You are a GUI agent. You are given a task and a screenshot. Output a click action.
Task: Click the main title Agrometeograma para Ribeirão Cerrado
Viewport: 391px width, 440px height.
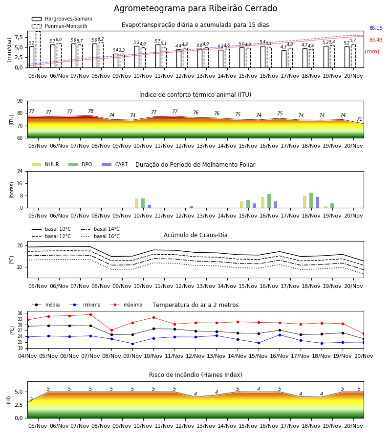point(195,8)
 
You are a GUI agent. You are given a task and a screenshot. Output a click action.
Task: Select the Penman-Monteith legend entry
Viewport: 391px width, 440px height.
point(60,26)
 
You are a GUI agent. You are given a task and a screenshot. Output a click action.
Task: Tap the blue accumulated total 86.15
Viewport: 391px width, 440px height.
point(376,28)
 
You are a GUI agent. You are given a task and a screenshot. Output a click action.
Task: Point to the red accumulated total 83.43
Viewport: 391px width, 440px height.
point(376,40)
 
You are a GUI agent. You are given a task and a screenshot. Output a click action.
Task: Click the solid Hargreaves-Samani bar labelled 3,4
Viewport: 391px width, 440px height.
point(116,61)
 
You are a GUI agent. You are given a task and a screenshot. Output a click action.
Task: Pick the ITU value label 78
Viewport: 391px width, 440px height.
point(90,111)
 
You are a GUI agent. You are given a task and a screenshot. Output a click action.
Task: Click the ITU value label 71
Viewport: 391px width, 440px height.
point(359,119)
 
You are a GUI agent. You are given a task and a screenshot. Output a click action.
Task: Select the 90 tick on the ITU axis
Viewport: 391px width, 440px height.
point(20,101)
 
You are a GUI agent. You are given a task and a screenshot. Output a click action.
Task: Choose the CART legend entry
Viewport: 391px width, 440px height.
point(115,164)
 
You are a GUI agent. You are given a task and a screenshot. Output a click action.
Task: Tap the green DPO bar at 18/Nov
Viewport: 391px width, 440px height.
point(311,200)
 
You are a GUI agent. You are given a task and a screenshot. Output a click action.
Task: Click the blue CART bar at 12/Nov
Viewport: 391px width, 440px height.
point(191,207)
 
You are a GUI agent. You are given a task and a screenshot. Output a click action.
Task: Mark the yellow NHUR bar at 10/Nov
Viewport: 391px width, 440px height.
point(136,203)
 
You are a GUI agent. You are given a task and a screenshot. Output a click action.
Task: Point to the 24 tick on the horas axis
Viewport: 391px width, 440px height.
point(20,171)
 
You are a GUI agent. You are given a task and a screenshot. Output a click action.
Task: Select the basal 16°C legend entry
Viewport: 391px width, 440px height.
point(100,237)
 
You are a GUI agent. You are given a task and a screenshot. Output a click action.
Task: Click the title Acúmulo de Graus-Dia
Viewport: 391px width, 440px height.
point(195,235)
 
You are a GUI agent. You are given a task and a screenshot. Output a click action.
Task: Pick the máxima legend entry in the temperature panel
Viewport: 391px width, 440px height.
point(126,305)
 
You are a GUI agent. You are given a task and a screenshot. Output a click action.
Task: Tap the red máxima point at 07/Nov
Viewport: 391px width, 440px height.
point(90,314)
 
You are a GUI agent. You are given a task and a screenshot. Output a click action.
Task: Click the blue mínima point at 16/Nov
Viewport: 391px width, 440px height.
point(280,335)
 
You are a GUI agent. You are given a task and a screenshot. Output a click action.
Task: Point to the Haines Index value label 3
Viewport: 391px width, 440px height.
point(31,399)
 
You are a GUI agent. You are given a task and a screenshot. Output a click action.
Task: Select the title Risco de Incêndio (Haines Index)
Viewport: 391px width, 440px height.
point(195,375)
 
